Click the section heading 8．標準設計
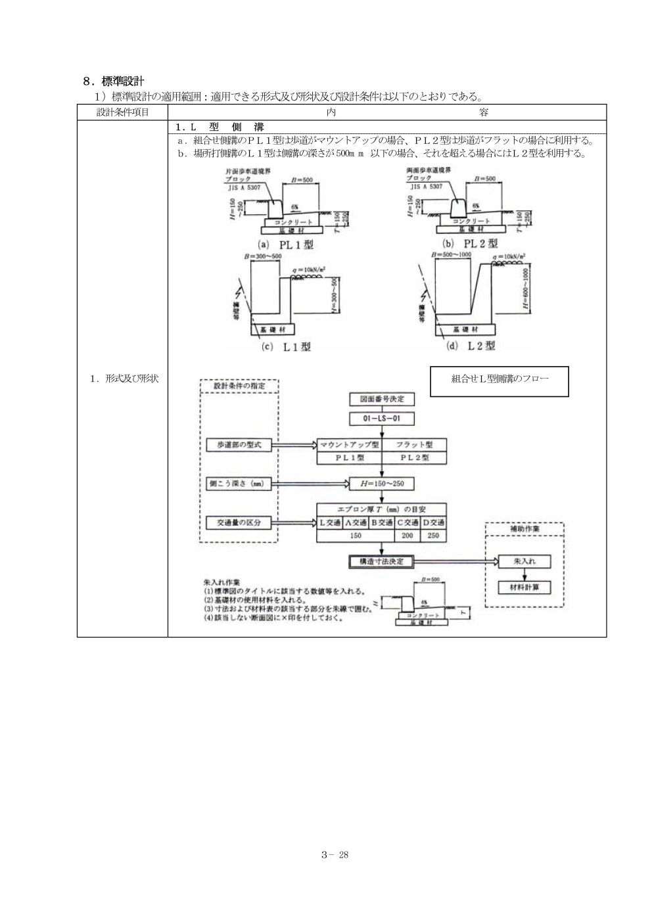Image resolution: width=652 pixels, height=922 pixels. (114, 81)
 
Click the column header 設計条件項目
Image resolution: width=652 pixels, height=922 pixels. (122, 112)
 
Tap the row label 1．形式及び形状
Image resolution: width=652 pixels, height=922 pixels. (122, 379)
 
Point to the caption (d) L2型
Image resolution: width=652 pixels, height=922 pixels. (471, 345)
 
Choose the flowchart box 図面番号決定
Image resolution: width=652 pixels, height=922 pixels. (382, 399)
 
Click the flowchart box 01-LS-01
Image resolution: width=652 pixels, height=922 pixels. (382, 419)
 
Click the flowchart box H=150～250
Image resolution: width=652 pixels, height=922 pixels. (382, 484)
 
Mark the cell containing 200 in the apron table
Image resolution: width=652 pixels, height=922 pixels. (407, 536)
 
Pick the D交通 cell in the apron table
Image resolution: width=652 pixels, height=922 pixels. (433, 522)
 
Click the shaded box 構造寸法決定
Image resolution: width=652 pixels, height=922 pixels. (381, 562)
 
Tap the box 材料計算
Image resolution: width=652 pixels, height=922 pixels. (524, 587)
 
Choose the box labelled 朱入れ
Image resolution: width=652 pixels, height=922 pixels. (524, 562)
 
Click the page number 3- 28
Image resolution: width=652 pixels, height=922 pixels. (334, 855)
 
